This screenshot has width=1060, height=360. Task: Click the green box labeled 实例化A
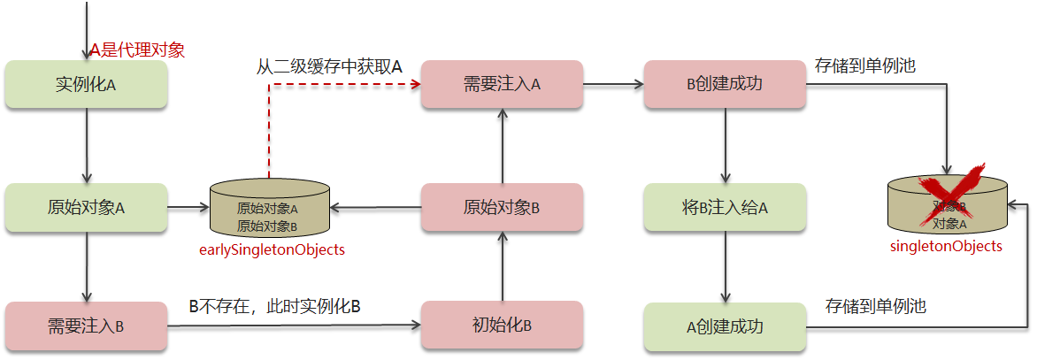coord(86,85)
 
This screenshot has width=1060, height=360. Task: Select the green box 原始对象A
coord(86,208)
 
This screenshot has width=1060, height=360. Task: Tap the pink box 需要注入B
coord(86,326)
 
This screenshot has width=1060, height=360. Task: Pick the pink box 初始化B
coord(502,325)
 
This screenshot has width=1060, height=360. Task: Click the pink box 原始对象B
coord(502,208)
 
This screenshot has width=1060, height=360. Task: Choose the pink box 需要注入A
coord(502,85)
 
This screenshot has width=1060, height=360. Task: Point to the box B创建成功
coord(725,85)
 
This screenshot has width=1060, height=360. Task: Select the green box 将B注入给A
coord(725,208)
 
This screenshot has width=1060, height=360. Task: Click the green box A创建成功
coord(725,326)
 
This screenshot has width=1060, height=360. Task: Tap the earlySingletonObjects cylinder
coord(268,209)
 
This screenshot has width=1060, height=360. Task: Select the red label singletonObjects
coord(946,247)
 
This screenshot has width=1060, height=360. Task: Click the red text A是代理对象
coord(137,50)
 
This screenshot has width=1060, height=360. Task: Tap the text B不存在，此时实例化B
coord(275,307)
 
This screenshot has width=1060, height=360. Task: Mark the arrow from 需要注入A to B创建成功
coord(613,85)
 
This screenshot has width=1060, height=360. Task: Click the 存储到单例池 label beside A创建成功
coord(875,307)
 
